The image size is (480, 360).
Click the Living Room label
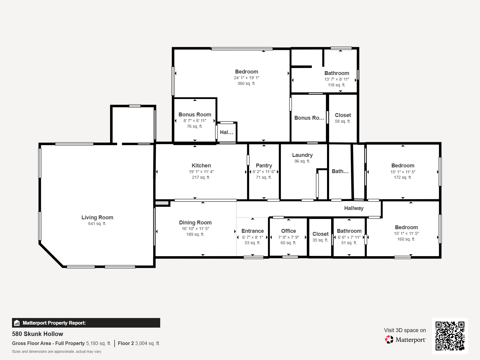[97, 217]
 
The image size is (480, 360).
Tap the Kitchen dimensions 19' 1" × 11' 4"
[201, 172]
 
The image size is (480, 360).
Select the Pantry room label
[264, 166]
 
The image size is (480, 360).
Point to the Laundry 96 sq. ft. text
[302, 161]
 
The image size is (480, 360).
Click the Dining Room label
[195, 223]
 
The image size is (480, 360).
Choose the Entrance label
[253, 231]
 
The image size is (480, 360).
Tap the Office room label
[288, 231]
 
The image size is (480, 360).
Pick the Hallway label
[354, 208]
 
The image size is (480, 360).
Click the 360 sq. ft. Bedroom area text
[247, 83]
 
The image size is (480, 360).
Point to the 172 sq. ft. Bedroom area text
[403, 178]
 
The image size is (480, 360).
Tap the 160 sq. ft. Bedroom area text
[406, 239]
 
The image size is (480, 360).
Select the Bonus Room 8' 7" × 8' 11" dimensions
[195, 121]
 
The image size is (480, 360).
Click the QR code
[450, 336]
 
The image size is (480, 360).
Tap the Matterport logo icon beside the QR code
[389, 340]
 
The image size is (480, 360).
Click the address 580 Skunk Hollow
[37, 334]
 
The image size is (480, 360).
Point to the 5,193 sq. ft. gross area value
[99, 343]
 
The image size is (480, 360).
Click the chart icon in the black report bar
[17, 323]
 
